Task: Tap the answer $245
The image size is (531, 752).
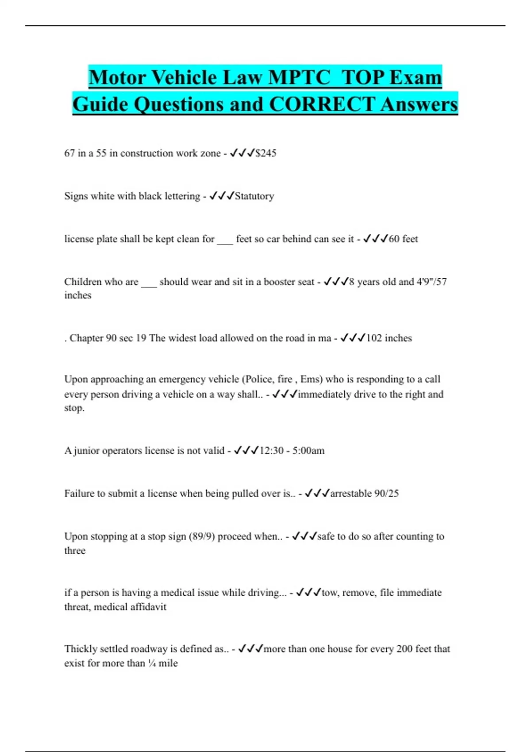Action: click(266, 153)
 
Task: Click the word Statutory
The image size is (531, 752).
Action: click(254, 196)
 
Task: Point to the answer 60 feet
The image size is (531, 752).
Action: click(403, 239)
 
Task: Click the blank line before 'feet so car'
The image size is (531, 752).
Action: click(225, 240)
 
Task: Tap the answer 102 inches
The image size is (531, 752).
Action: click(389, 338)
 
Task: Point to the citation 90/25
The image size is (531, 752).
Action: click(386, 494)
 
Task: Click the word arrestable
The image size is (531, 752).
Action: click(350, 494)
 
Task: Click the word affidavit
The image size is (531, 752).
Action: click(148, 607)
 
